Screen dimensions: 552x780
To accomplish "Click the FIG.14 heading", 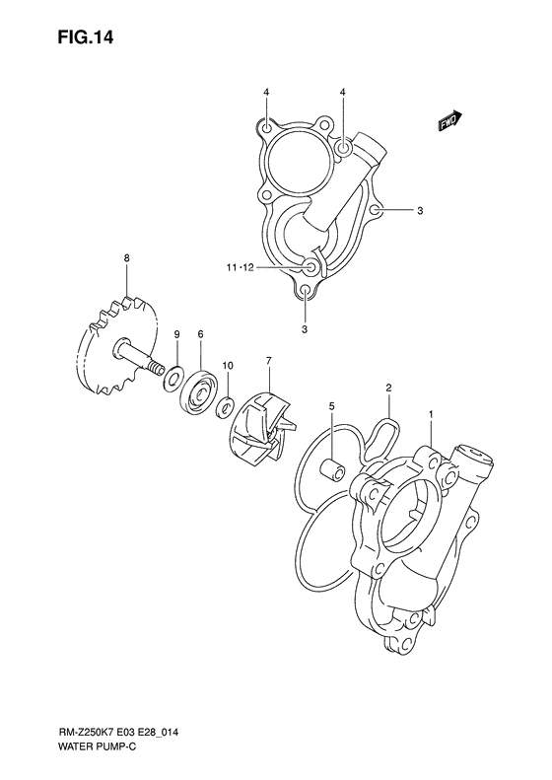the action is [x=85, y=36].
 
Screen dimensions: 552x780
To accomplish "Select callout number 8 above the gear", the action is [x=127, y=258].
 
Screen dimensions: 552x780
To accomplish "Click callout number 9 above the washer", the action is [x=176, y=335].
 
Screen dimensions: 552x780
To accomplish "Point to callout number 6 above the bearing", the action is [x=200, y=335].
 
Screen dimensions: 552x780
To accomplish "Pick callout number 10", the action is [x=228, y=366].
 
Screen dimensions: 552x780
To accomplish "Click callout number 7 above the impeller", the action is [x=268, y=360].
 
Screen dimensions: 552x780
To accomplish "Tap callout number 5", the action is [x=332, y=406].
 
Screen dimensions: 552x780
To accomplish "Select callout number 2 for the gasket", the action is [x=389, y=387].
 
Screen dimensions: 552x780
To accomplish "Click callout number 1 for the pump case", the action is [x=431, y=414].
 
